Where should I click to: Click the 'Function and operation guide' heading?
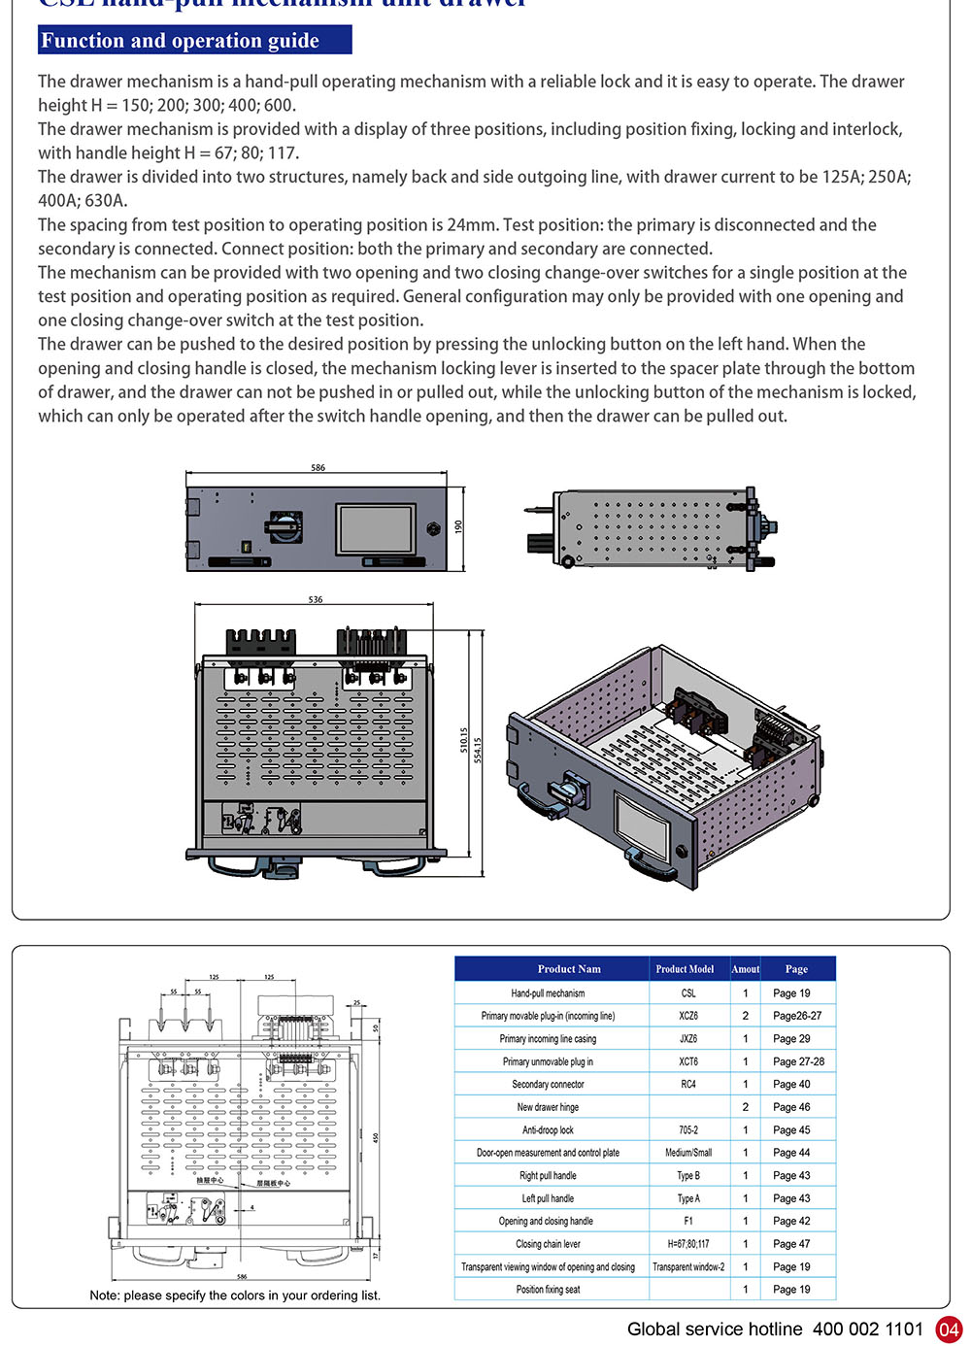tap(180, 41)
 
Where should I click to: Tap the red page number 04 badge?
tap(948, 1329)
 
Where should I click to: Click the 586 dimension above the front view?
tap(318, 468)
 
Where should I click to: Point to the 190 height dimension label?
tap(458, 526)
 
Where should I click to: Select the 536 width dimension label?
tap(316, 600)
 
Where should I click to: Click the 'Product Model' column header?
tap(685, 969)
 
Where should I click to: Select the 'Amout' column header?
tap(745, 969)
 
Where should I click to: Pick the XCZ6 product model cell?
tap(687, 1016)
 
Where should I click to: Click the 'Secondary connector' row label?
tap(548, 1084)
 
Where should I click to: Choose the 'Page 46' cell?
tap(791, 1107)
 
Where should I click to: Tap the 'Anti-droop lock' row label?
tap(548, 1129)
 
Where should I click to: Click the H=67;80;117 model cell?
tap(687, 1244)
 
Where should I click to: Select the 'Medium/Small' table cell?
tap(687, 1153)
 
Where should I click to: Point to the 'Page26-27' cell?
tap(797, 1016)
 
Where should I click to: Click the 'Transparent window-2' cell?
tap(687, 1266)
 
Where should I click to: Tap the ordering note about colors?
tap(235, 1296)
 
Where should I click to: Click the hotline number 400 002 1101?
tap(868, 1329)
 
